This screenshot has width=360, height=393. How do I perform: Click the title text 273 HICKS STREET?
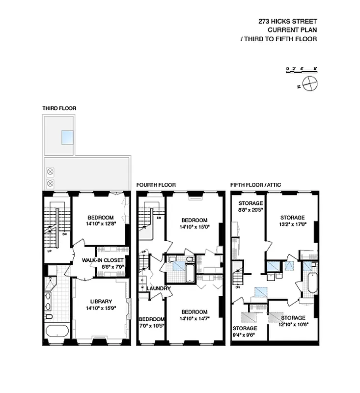287,21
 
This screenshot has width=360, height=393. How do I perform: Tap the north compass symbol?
310,84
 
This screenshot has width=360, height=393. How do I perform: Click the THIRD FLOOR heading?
59,108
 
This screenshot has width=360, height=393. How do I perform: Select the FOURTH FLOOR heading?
156,185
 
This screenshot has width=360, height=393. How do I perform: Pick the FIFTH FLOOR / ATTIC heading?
255,185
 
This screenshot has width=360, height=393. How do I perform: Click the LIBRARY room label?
101,302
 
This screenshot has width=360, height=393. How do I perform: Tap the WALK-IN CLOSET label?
103,260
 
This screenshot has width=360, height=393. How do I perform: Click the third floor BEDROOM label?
101,218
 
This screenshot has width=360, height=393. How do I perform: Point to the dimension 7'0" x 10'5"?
151,325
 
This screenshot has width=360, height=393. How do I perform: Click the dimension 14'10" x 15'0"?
194,227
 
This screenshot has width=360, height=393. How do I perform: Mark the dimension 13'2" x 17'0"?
293,224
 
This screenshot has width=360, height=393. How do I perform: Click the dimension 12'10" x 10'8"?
293,325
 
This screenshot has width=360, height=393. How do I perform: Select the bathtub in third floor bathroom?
58,331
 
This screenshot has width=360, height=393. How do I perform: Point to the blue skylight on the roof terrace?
68,138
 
